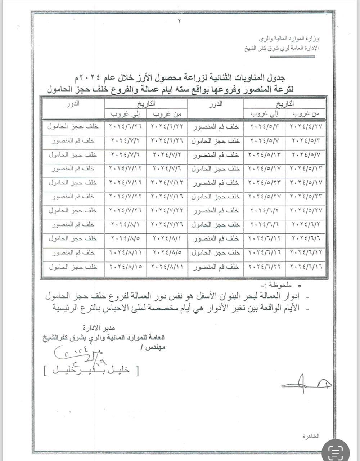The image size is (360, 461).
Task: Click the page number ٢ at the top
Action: tap(180, 21)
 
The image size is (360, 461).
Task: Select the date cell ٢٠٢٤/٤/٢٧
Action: tap(306, 127)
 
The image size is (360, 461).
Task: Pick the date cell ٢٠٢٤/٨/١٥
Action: tap(125, 267)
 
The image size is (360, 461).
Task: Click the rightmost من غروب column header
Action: tap(306, 114)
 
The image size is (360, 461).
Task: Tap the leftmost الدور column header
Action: tap(73, 104)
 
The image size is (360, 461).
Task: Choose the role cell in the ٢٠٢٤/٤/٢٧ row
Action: tap(215, 127)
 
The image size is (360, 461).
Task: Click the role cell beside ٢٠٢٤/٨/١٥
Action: tap(73, 267)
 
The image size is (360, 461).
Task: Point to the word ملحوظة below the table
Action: tap(286, 286)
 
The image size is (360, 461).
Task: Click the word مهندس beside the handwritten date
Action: tap(152, 348)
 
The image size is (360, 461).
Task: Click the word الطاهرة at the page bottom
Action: tap(311, 436)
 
